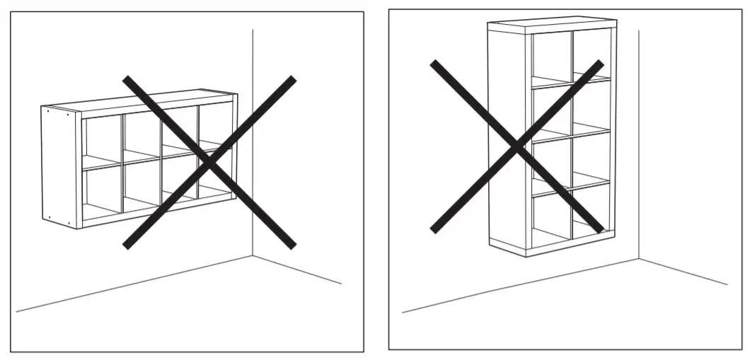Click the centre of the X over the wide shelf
(209, 162)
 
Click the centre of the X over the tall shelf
(517, 146)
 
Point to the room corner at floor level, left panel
(253, 256)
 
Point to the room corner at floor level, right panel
(639, 260)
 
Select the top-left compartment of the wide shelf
(102, 140)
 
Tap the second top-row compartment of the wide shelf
(141, 134)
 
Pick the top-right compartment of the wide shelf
(215, 124)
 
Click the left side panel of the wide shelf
(59, 167)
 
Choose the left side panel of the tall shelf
(506, 138)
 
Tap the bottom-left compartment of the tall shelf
(550, 219)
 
